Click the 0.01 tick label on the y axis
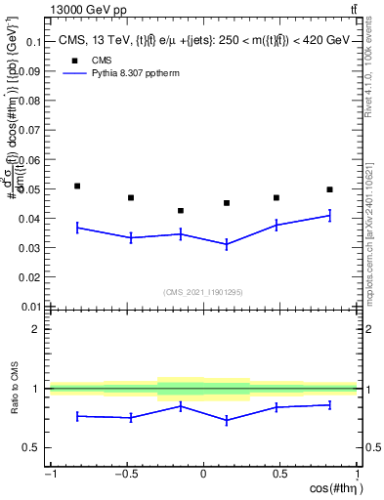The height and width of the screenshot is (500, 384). pos(29,306)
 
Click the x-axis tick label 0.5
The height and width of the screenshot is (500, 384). pos(279,475)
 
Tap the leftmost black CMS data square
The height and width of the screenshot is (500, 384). pos(77,186)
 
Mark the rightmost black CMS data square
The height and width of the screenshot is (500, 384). pos(329,189)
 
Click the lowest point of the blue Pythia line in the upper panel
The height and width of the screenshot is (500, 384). pos(227,244)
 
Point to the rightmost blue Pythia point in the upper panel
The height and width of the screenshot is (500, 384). pos(329,215)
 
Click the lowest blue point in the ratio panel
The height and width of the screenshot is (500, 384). pos(227,421)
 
